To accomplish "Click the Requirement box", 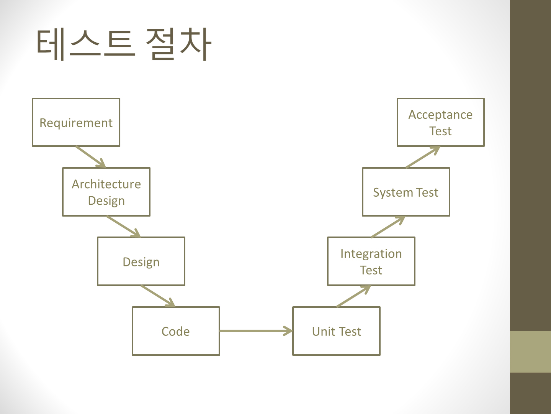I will click(76, 122).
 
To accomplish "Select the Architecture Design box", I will click(106, 192).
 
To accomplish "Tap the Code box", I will click(176, 331).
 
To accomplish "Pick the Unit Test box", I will click(336, 331).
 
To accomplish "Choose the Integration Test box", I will click(371, 261).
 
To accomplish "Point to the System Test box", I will click(406, 192).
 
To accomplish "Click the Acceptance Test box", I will click(441, 122).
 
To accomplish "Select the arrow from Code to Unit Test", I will click(256, 331).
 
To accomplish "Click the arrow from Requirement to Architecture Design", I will click(91, 157).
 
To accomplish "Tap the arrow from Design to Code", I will click(158, 296).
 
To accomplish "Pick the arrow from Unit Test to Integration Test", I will click(353, 296).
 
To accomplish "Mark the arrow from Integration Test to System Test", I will click(388, 227).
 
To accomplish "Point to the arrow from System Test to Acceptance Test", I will click(423, 157).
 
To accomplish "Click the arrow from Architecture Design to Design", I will click(123, 227).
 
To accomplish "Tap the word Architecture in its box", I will click(106, 184).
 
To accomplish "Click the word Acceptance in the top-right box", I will click(440, 115).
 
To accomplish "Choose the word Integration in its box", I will click(371, 254).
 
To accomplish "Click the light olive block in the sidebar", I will click(530, 352).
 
